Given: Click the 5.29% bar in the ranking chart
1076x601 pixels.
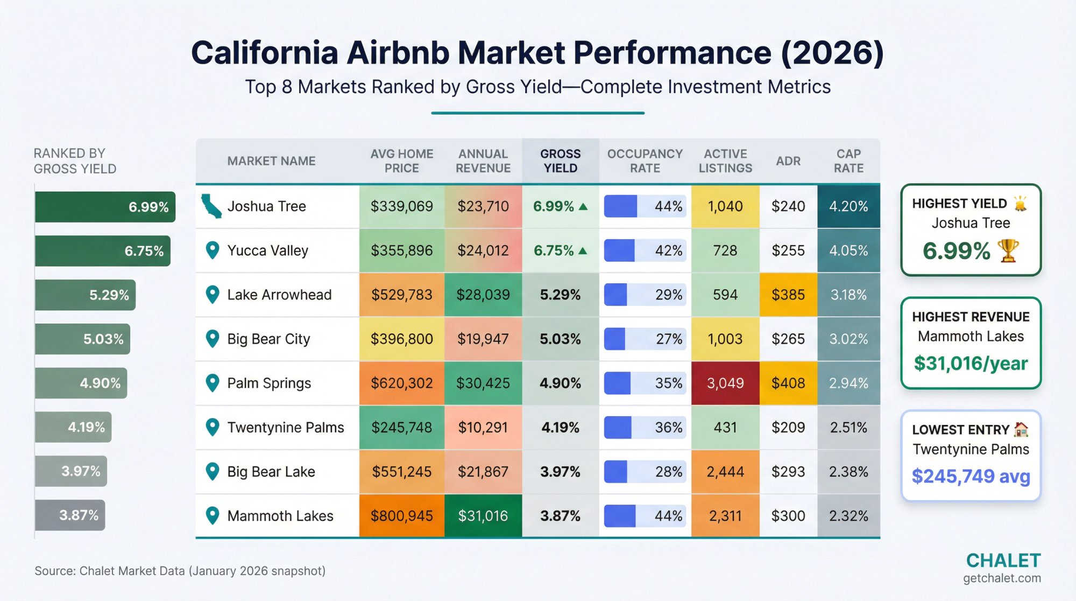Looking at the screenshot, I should click(x=85, y=295).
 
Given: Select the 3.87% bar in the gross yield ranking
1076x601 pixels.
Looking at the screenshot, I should click(x=70, y=515).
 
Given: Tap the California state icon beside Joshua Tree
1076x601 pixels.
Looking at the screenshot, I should click(x=211, y=206).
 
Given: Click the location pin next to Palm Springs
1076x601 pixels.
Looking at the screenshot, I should click(x=213, y=383).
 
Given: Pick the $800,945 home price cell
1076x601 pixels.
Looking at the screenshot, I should click(x=401, y=516).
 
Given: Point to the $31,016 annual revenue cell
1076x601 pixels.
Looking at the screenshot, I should click(x=483, y=516).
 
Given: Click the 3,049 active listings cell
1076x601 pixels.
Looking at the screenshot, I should click(x=725, y=383).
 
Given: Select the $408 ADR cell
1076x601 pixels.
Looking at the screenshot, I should click(x=788, y=383).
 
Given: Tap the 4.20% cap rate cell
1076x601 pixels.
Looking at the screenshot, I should click(x=848, y=206).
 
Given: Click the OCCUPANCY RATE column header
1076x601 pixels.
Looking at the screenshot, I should click(x=645, y=161).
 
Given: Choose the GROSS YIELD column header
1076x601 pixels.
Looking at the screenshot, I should click(x=560, y=161).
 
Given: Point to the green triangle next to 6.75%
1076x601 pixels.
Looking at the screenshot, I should click(x=583, y=251).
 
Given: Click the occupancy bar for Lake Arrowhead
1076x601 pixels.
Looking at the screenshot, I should click(x=616, y=295).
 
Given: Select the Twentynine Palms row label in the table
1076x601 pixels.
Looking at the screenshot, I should click(x=285, y=427).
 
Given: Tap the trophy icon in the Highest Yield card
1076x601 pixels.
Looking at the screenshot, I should click(x=1008, y=251).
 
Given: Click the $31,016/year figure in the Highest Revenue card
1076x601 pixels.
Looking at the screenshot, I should click(x=970, y=364).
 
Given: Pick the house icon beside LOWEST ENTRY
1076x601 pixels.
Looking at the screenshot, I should click(x=1021, y=429).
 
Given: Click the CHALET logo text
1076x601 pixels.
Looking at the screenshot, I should click(x=1003, y=561).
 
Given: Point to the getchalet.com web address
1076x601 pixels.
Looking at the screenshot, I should click(x=1001, y=578).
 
